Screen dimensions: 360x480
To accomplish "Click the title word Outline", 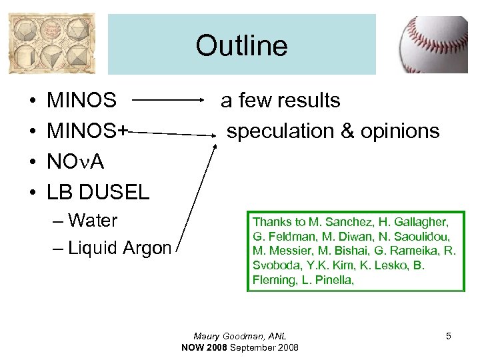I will (241, 46).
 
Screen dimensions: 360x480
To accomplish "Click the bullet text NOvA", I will (75, 162).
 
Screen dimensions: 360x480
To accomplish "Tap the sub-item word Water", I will (93, 221).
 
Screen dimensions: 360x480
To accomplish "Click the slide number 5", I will (449, 336).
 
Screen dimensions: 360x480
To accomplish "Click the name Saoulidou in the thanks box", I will (426, 237).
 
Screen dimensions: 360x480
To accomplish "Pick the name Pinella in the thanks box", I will (331, 281).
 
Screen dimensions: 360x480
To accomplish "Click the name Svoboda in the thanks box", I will (272, 266).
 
